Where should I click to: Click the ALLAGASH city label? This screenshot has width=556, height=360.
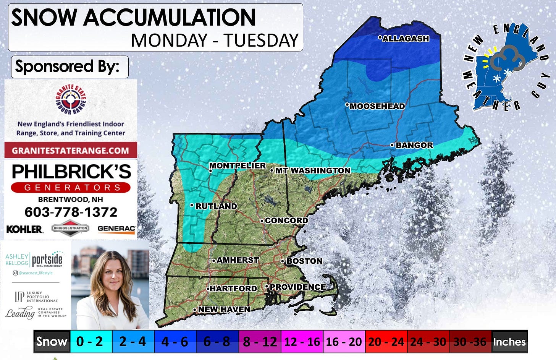click(x=406, y=39)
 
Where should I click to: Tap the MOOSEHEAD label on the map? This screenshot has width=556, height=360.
click(x=377, y=106)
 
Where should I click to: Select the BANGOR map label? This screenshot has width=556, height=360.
click(x=414, y=145)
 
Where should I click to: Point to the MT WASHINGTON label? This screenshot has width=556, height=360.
click(x=312, y=170)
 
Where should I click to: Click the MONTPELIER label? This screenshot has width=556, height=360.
click(x=237, y=165)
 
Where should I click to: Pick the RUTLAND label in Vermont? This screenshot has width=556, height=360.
click(x=216, y=206)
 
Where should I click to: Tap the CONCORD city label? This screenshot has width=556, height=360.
click(x=286, y=221)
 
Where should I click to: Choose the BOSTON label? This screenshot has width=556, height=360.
click(x=304, y=261)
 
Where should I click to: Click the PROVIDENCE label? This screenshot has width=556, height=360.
click(x=297, y=287)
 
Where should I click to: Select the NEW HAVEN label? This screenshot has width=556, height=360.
click(x=224, y=309)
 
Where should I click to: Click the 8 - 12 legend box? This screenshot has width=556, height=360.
click(x=260, y=341)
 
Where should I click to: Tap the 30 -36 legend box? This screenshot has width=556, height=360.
click(x=470, y=341)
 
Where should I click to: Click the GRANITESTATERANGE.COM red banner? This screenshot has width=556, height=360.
click(x=71, y=150)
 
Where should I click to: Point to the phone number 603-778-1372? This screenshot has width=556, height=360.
click(x=71, y=212)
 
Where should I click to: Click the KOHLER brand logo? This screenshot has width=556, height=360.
click(x=24, y=229)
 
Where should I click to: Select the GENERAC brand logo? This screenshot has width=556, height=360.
click(x=116, y=229)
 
